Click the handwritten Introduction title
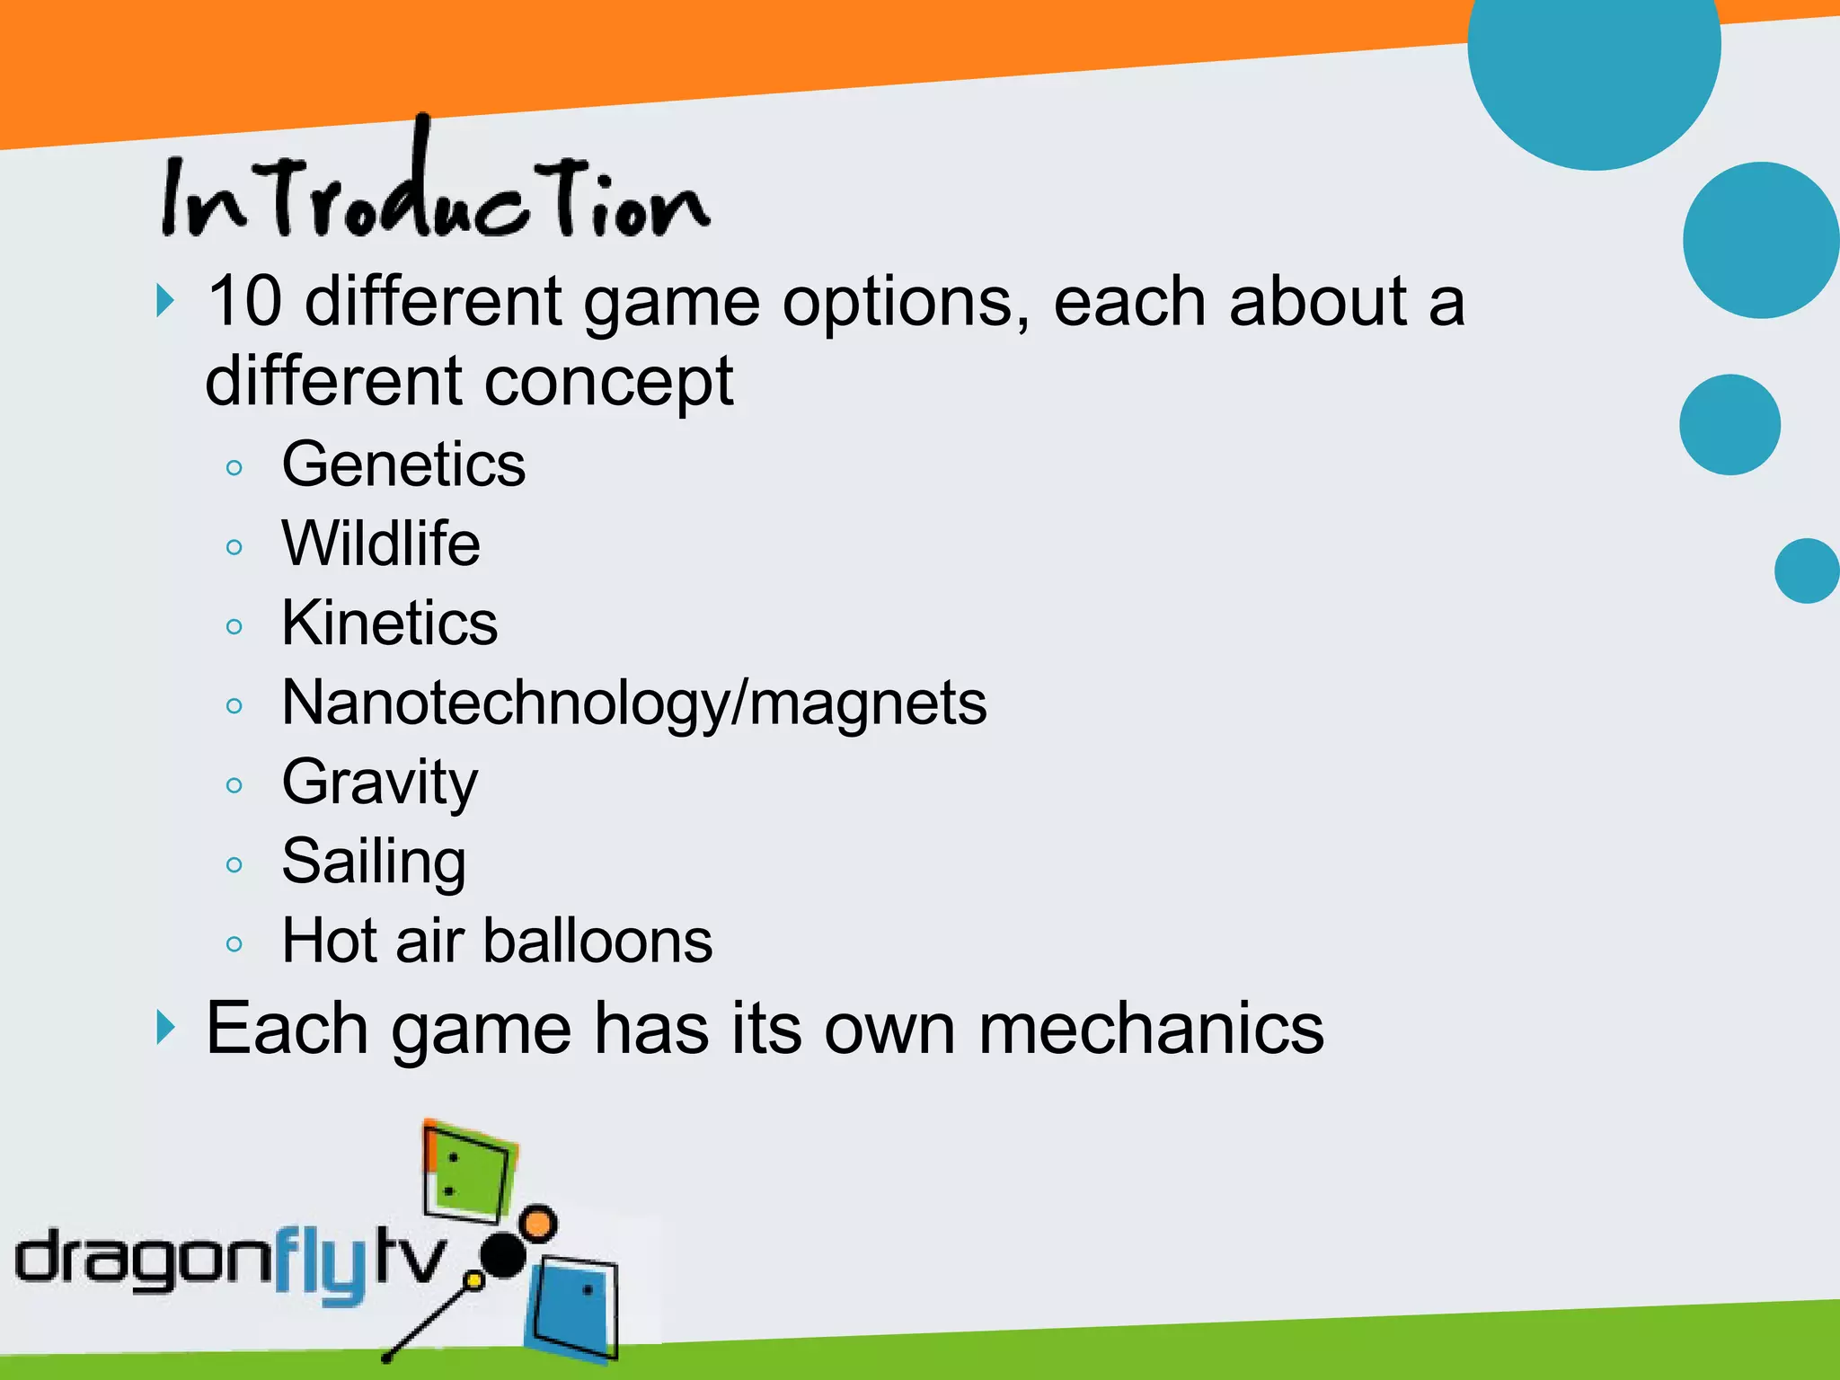click(436, 193)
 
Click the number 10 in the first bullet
click(244, 301)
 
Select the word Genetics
click(403, 464)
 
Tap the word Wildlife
click(381, 544)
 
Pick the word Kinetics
click(389, 623)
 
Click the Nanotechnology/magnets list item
click(633, 703)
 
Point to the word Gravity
click(379, 783)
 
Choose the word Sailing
click(374, 862)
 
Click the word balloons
click(597, 941)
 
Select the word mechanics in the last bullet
click(1150, 1029)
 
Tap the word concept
click(608, 381)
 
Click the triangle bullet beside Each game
click(164, 1027)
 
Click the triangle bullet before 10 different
click(164, 301)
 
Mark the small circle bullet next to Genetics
click(234, 467)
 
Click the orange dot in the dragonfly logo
click(537, 1224)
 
